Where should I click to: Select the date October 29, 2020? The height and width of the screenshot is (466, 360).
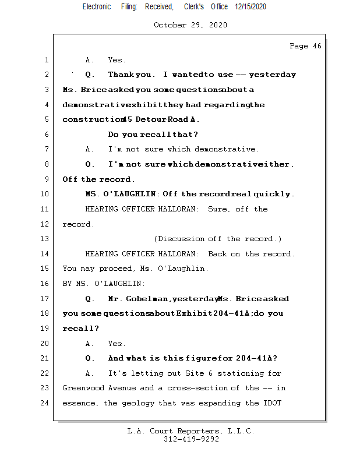pyautogui.click(x=190, y=25)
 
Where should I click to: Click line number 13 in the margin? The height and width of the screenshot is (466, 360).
pyautogui.click(x=45, y=239)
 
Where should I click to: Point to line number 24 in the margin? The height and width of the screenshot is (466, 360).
pyautogui.click(x=45, y=403)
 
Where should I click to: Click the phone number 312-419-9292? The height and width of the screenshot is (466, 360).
pyautogui.click(x=191, y=439)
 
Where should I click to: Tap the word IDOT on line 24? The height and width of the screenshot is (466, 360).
pyautogui.click(x=273, y=403)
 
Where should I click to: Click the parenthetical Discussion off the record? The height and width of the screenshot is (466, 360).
pyautogui.click(x=218, y=239)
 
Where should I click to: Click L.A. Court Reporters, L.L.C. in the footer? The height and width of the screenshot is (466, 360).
pyautogui.click(x=190, y=431)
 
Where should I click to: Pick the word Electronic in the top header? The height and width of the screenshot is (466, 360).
pyautogui.click(x=97, y=6)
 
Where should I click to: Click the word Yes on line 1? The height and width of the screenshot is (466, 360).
pyautogui.click(x=117, y=60)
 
